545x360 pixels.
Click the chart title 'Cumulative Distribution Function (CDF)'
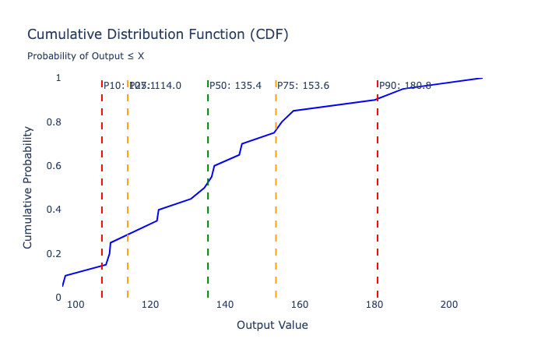(x=157, y=34)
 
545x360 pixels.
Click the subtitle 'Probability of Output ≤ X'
(x=86, y=56)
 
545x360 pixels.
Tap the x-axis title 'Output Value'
(x=272, y=324)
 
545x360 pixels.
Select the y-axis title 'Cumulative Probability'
(x=28, y=188)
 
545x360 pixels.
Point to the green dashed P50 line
(x=208, y=234)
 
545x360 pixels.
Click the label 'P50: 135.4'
(x=235, y=86)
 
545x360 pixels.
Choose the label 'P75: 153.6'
(x=304, y=86)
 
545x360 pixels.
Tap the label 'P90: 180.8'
(x=405, y=86)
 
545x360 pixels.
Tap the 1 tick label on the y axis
(x=58, y=78)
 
